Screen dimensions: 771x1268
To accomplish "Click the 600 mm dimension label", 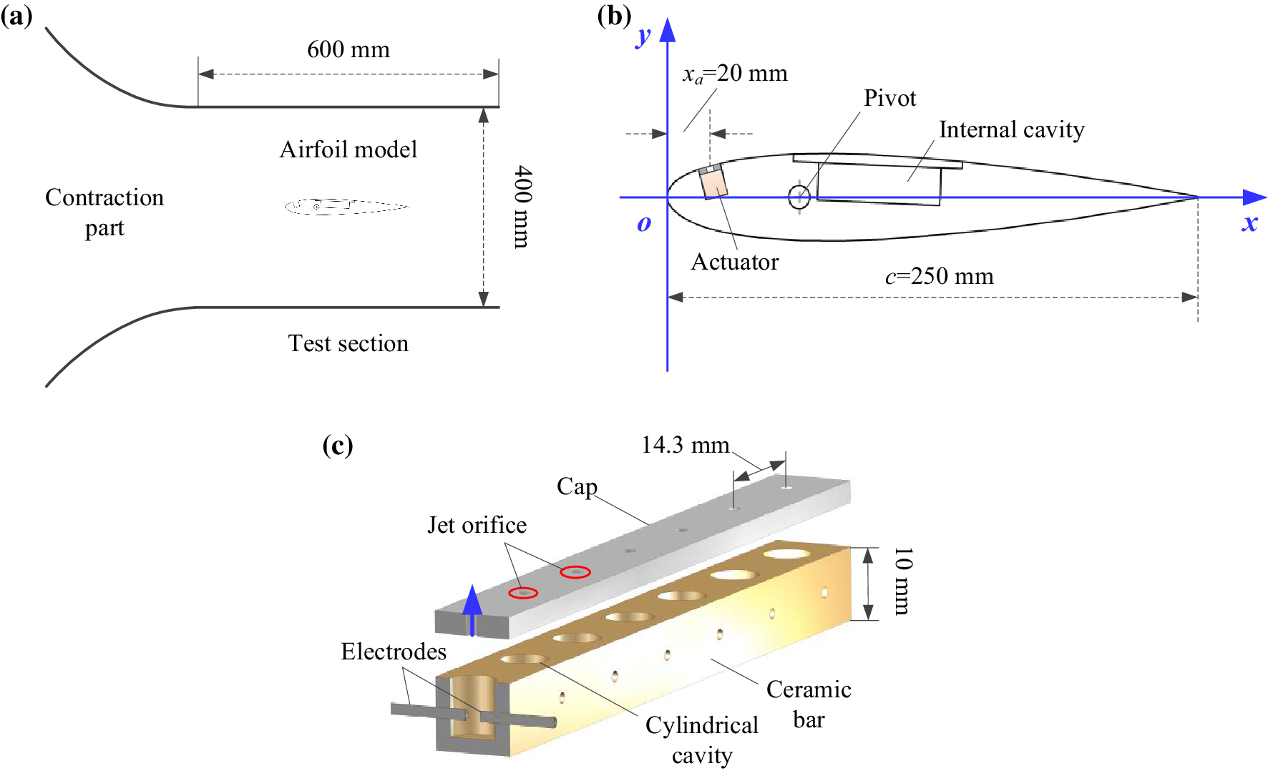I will (x=348, y=50).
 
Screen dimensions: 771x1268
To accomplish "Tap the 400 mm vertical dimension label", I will (x=523, y=207).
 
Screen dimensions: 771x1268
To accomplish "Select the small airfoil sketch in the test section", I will (x=347, y=207).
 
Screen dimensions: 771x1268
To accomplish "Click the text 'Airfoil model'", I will (x=348, y=149).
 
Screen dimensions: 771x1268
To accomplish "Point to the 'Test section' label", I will (x=348, y=343).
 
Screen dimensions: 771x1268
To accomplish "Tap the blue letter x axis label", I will (x=1249, y=222).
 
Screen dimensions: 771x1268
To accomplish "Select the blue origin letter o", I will (x=644, y=224).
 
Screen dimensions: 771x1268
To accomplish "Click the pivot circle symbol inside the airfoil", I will (x=799, y=196).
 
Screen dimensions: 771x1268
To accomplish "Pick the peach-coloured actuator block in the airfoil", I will (x=713, y=182).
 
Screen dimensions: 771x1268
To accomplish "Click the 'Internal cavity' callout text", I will (x=1011, y=129).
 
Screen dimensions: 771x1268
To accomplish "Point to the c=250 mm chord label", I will (x=939, y=276).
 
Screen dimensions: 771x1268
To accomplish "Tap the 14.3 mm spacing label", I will (x=685, y=446).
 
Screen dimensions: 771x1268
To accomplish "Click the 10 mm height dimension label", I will (x=902, y=581).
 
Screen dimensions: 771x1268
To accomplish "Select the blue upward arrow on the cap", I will (x=472, y=608).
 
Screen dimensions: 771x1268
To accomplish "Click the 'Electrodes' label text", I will (x=393, y=652).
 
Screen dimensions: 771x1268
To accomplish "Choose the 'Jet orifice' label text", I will (x=477, y=525).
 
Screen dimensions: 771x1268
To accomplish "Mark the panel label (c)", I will (x=338, y=445).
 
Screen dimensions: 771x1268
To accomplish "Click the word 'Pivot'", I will (x=889, y=98).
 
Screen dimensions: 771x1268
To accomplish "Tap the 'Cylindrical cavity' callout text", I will (x=701, y=740).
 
